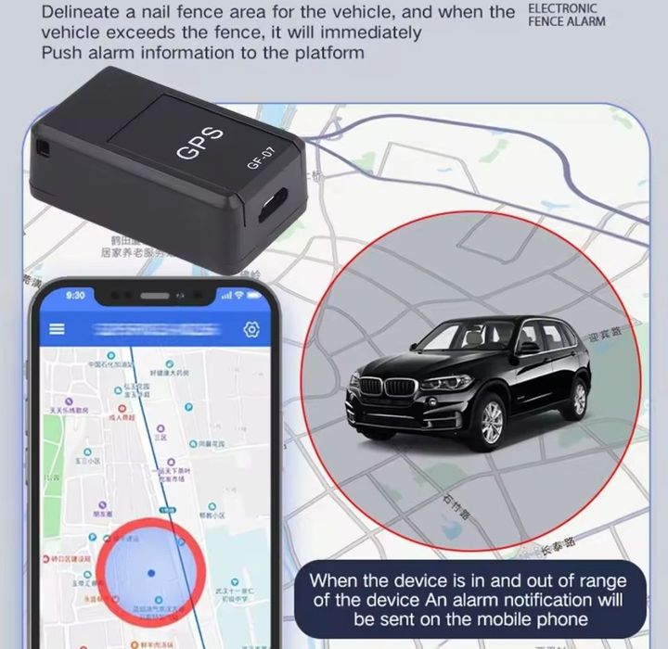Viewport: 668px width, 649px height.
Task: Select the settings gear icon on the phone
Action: click(250, 329)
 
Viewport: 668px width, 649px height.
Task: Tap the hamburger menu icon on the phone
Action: click(58, 329)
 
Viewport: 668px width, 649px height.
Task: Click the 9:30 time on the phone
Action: click(75, 295)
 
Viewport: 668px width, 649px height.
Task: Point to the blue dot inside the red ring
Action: click(151, 573)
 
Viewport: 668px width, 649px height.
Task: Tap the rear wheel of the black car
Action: click(578, 399)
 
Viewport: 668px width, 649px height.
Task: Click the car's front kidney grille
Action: click(385, 388)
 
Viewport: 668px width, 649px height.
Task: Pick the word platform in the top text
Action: click(328, 53)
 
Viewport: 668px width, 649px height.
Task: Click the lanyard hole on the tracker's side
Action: click(42, 146)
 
